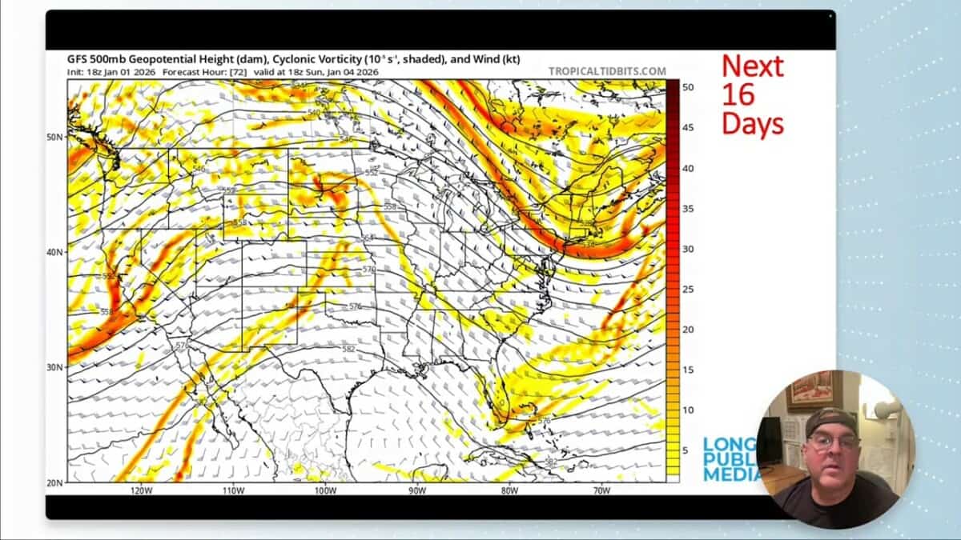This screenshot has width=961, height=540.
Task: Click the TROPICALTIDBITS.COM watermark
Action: [607, 70]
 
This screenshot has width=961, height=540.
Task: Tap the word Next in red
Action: [753, 66]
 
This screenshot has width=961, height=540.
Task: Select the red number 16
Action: [738, 94]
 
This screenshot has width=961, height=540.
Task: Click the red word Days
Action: [753, 123]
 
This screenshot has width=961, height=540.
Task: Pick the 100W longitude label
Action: [325, 490]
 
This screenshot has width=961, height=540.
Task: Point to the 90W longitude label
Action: [417, 490]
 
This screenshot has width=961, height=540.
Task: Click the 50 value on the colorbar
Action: [687, 86]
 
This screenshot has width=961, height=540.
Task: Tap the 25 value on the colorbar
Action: [687, 289]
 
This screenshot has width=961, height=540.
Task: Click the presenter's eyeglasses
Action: [834, 441]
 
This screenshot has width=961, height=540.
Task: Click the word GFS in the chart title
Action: [78, 57]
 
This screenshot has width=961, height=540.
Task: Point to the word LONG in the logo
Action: [724, 446]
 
